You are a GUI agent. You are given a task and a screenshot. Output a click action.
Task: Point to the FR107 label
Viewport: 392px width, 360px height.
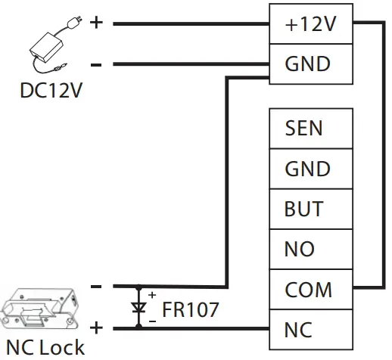coord(190,309)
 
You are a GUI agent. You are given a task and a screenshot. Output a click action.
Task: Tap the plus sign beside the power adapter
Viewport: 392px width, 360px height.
coord(96,22)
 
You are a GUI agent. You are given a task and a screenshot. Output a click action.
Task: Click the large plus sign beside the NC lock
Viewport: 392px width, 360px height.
coord(96,327)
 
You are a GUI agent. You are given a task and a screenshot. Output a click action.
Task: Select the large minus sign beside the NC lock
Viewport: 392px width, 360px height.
coord(96,287)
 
